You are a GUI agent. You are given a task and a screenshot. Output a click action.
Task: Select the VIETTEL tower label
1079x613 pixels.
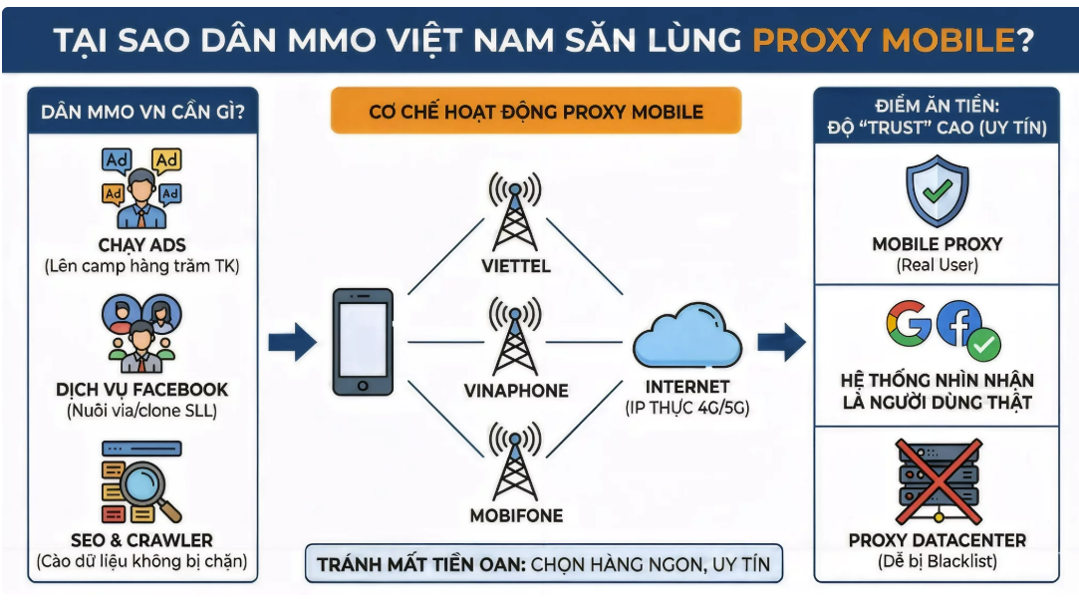pyautogui.click(x=514, y=267)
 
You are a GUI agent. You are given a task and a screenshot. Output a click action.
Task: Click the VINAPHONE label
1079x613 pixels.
pyautogui.click(x=515, y=391)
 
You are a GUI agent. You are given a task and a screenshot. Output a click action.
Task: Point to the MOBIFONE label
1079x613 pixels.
pyautogui.click(x=515, y=515)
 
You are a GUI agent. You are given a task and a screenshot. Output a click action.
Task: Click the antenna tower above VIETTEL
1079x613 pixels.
pyautogui.click(x=514, y=212)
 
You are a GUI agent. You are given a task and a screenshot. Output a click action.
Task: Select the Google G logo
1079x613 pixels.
pyautogui.click(x=908, y=324)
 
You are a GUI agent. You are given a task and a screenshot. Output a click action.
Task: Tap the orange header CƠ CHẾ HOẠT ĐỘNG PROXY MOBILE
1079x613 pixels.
pyautogui.click(x=536, y=111)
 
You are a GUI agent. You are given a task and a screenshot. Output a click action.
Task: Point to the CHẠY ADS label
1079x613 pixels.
pyautogui.click(x=142, y=245)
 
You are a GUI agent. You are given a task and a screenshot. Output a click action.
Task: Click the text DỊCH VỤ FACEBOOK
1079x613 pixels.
pyautogui.click(x=142, y=390)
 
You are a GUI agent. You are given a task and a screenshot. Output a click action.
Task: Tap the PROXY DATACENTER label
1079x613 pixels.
pyautogui.click(x=937, y=540)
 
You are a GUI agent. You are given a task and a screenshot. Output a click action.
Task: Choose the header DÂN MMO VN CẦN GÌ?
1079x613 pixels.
pyautogui.click(x=142, y=112)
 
